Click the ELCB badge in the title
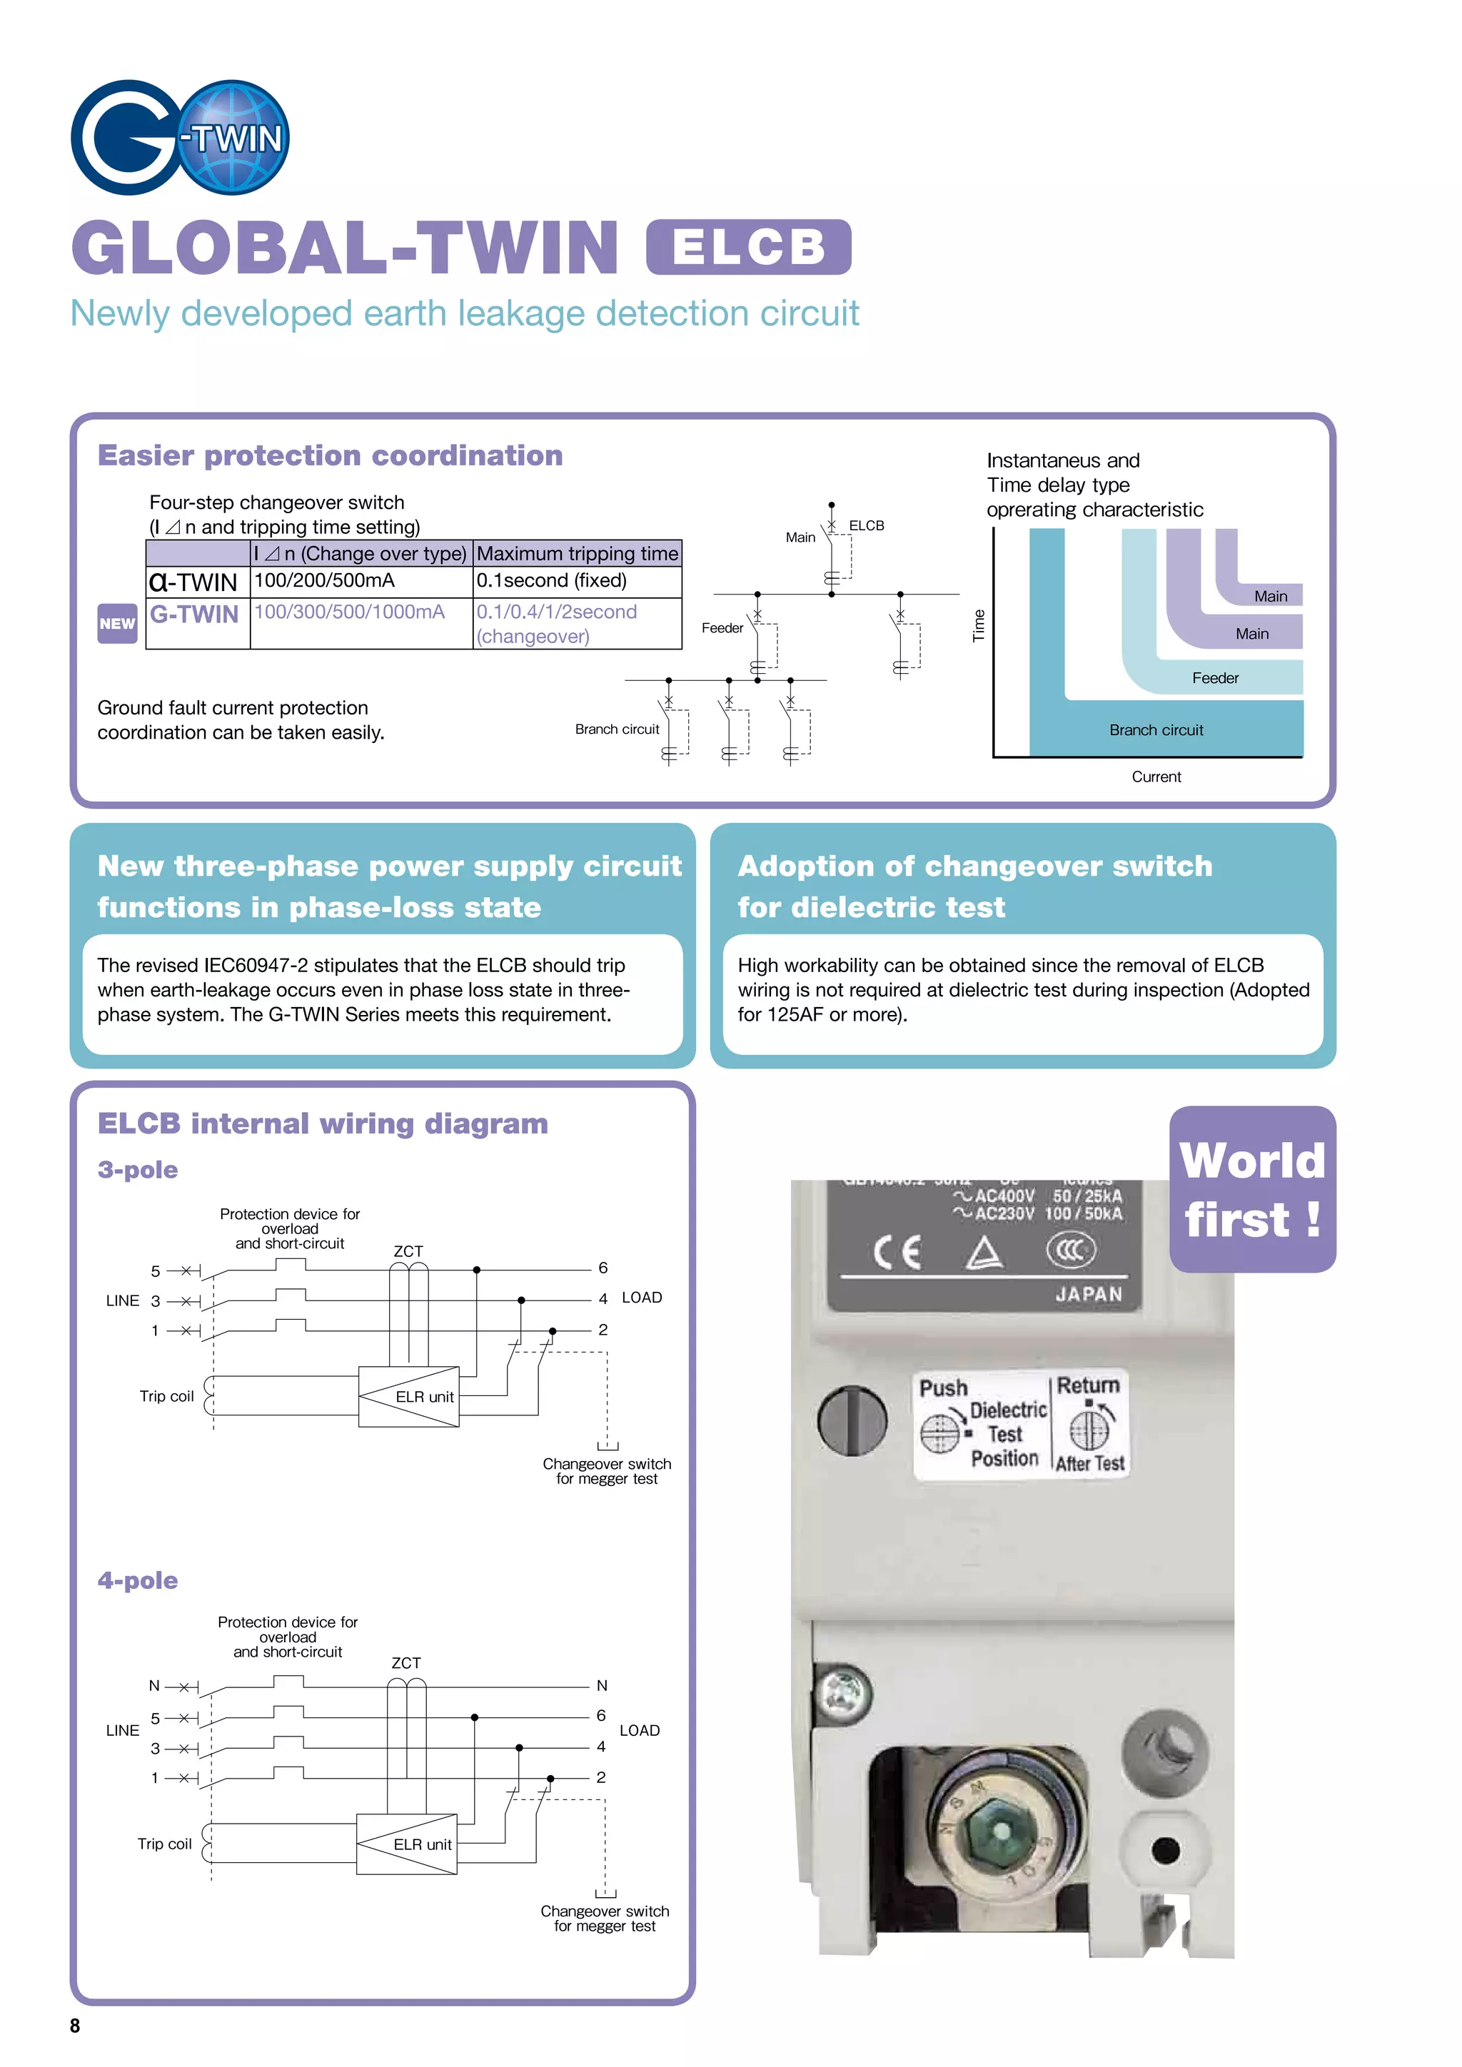[x=748, y=247]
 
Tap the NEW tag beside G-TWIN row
[x=117, y=623]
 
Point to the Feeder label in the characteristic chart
[x=1214, y=678]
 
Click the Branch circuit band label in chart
[x=1156, y=730]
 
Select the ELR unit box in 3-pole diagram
[x=409, y=1396]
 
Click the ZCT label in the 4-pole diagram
[x=406, y=1663]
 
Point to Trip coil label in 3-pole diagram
[x=166, y=1396]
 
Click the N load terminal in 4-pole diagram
[x=601, y=1685]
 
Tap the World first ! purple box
[x=1251, y=1188]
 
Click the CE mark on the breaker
[x=897, y=1251]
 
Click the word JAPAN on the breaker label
[x=1089, y=1294]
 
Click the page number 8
[x=75, y=2026]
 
